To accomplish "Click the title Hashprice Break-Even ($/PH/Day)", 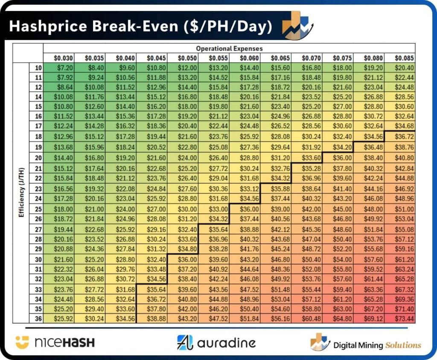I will click(x=140, y=26).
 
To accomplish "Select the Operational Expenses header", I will click(x=229, y=49).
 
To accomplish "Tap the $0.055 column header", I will click(x=219, y=58).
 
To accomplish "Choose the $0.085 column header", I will click(x=404, y=58).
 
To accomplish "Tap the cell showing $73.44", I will click(x=404, y=319).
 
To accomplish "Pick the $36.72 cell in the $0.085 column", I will click(x=404, y=136).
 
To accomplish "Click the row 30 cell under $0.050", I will click(x=188, y=259).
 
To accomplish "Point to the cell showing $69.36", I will click(x=404, y=299).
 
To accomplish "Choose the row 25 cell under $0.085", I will click(x=404, y=209).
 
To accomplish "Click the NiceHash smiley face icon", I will click(x=22, y=342).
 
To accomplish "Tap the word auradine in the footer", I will click(x=226, y=343).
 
